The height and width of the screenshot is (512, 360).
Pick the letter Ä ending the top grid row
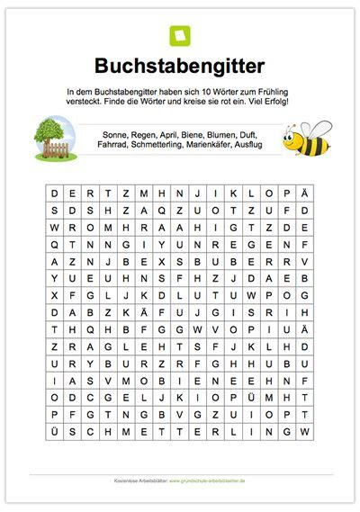305,193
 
